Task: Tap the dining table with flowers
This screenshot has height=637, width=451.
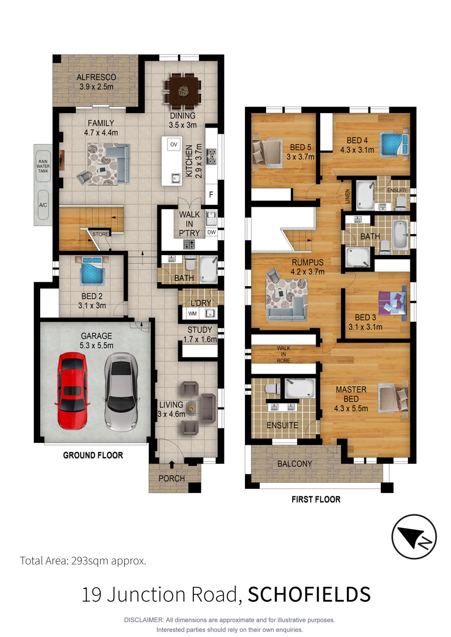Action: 182,91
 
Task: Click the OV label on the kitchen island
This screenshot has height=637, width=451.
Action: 174,145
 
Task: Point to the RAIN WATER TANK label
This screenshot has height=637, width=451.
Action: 43,166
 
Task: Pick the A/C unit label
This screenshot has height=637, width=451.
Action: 43,205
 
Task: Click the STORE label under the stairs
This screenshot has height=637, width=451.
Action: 101,234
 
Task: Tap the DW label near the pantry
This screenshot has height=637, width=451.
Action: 211,232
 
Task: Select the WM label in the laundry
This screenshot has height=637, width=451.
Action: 192,314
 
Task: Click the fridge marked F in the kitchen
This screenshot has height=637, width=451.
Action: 211,195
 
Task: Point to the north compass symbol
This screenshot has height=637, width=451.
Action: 414,537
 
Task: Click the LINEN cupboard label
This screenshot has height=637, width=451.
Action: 347,196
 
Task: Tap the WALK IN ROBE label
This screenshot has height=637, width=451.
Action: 284,354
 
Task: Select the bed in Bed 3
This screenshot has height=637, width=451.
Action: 393,303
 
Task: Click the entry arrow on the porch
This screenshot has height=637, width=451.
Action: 172,464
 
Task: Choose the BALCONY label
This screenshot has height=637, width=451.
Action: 295,464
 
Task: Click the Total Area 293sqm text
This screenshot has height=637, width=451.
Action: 83,561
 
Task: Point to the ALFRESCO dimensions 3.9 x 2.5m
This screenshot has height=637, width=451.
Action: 97,87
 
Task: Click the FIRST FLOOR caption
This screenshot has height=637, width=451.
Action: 316,499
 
